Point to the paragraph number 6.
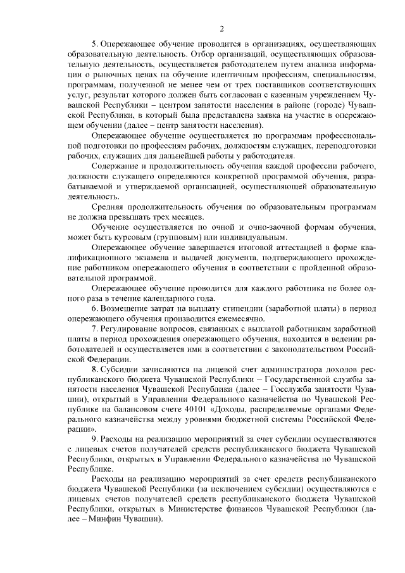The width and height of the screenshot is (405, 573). [94, 308]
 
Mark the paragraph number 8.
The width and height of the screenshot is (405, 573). [94, 369]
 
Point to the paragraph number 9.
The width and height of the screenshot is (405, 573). [94, 440]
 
